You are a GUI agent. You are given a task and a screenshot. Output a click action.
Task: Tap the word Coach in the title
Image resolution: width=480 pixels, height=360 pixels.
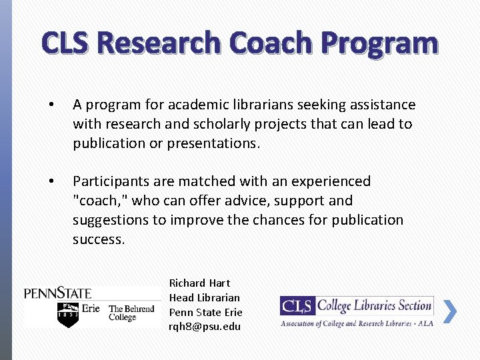tap(272, 43)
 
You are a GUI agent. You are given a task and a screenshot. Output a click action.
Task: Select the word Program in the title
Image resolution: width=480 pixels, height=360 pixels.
tap(380, 45)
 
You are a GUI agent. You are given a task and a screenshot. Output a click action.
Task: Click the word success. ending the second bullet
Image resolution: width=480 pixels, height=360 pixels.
tap(99, 239)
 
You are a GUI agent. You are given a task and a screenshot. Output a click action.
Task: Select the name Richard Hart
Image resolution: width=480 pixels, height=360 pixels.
tap(199, 283)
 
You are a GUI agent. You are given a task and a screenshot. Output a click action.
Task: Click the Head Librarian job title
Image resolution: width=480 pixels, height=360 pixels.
tap(204, 297)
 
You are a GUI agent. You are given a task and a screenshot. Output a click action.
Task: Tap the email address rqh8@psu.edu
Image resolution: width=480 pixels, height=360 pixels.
tap(205, 327)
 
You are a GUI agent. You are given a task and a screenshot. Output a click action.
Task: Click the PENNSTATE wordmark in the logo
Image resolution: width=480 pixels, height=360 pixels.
tap(58, 292)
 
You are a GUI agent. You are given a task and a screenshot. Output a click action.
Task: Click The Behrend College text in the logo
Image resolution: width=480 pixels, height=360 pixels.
tap(131, 313)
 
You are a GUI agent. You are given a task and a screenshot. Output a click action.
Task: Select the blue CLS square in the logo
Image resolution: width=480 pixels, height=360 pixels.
tap(297, 306)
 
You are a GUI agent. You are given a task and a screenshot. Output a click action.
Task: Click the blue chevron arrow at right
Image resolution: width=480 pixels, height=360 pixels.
tap(450, 311)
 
